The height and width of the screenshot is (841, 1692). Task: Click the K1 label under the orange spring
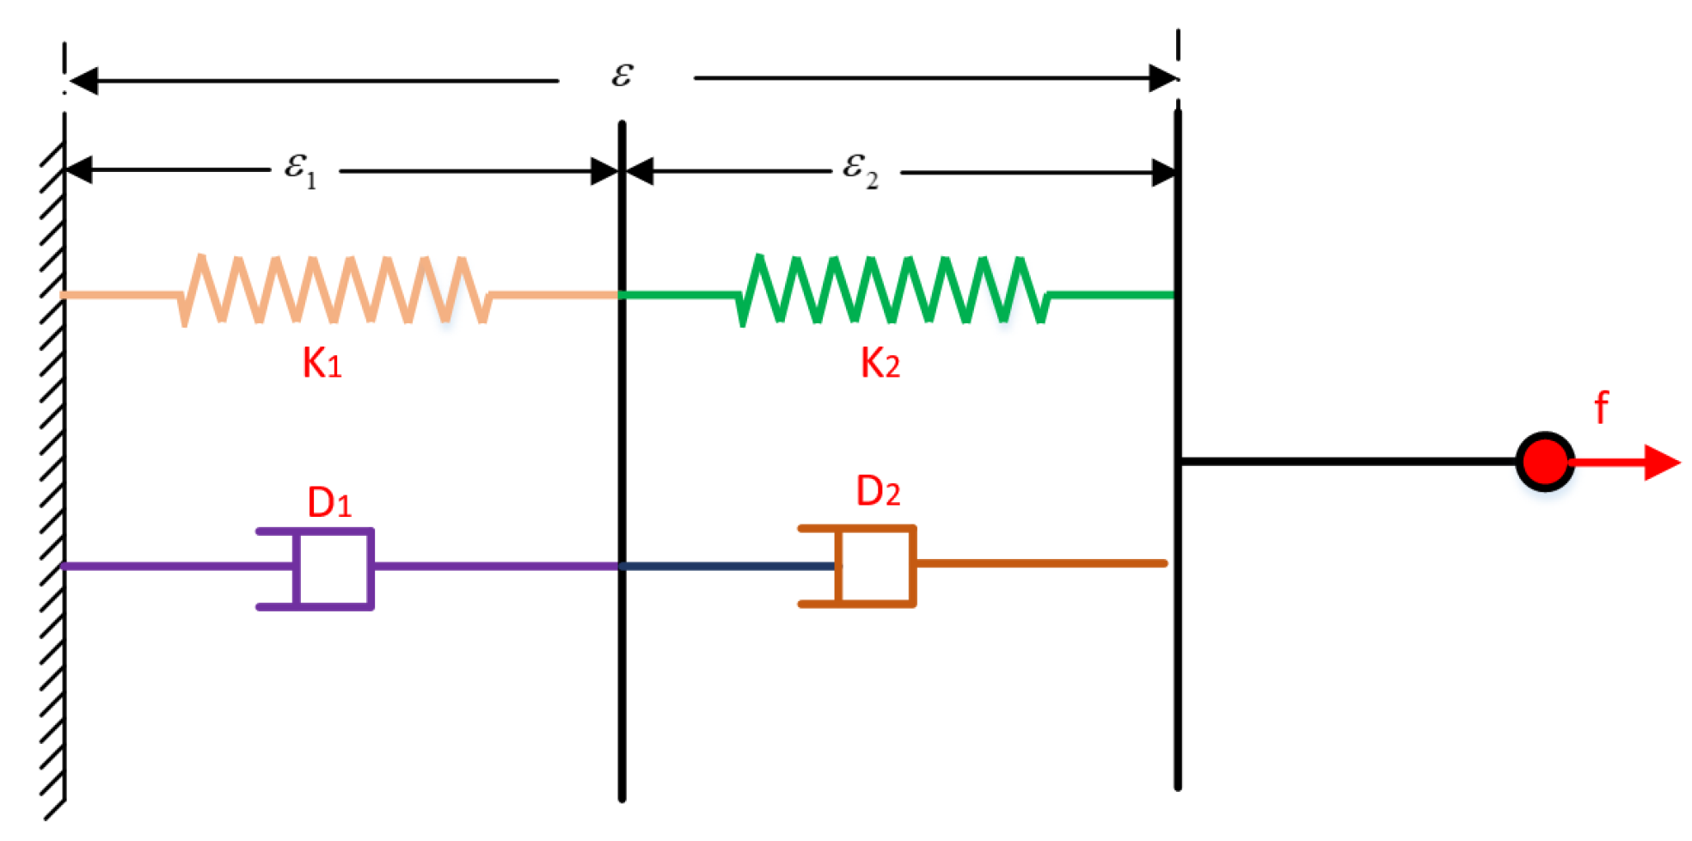coord(322,363)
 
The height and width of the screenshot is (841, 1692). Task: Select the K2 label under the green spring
coord(880,363)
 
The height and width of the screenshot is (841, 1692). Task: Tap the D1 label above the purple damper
coord(329,502)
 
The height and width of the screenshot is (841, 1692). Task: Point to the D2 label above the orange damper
coord(878,491)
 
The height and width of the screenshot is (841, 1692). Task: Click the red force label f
coord(1601,407)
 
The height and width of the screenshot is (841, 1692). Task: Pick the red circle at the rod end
coord(1545,462)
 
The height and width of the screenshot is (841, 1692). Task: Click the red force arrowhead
coord(1661,462)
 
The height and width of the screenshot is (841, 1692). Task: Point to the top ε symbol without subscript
coord(622,75)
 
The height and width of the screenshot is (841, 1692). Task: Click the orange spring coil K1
coord(335,290)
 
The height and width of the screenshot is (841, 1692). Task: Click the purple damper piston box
coord(334,568)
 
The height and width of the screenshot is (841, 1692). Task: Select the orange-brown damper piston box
coord(875,566)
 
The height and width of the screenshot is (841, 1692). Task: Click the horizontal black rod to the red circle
coord(1350,462)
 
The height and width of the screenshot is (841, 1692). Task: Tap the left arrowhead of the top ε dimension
coord(83,81)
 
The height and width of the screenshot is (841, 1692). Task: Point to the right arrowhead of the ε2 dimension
coord(1163,173)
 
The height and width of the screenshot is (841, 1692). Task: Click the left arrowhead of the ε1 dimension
coord(79,170)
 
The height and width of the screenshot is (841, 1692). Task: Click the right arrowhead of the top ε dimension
coord(1162,78)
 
